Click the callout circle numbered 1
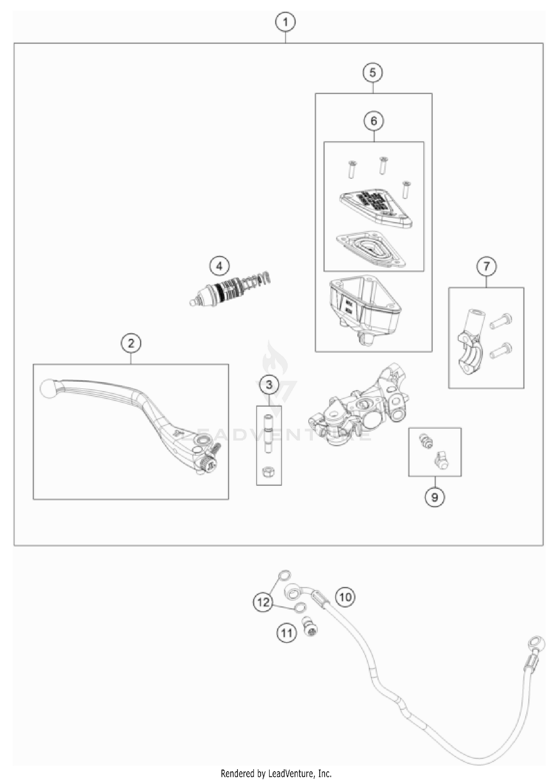click(x=285, y=22)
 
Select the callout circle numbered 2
click(x=131, y=344)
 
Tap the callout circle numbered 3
click(x=269, y=385)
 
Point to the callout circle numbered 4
click(x=219, y=266)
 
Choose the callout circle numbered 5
click(x=373, y=73)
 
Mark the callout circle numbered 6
click(x=373, y=121)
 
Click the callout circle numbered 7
click(x=486, y=266)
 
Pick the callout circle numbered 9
click(x=434, y=497)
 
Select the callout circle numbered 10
click(x=345, y=597)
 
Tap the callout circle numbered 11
click(x=286, y=633)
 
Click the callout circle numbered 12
click(x=263, y=602)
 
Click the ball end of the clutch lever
click(x=48, y=388)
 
